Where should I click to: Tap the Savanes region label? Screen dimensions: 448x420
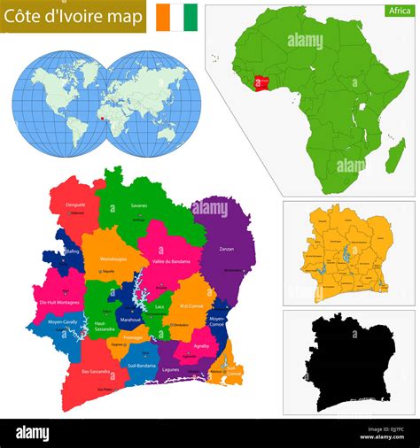(x=139, y=205)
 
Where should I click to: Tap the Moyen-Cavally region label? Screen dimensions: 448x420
(x=63, y=322)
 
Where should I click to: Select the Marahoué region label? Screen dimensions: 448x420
(x=130, y=319)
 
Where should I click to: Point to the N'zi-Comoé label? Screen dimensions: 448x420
(x=192, y=306)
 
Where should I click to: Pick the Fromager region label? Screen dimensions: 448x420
(x=134, y=336)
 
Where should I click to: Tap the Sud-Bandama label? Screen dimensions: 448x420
(x=142, y=365)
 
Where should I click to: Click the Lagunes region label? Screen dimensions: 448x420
(x=171, y=368)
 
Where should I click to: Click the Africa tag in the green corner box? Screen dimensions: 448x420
(x=398, y=11)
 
